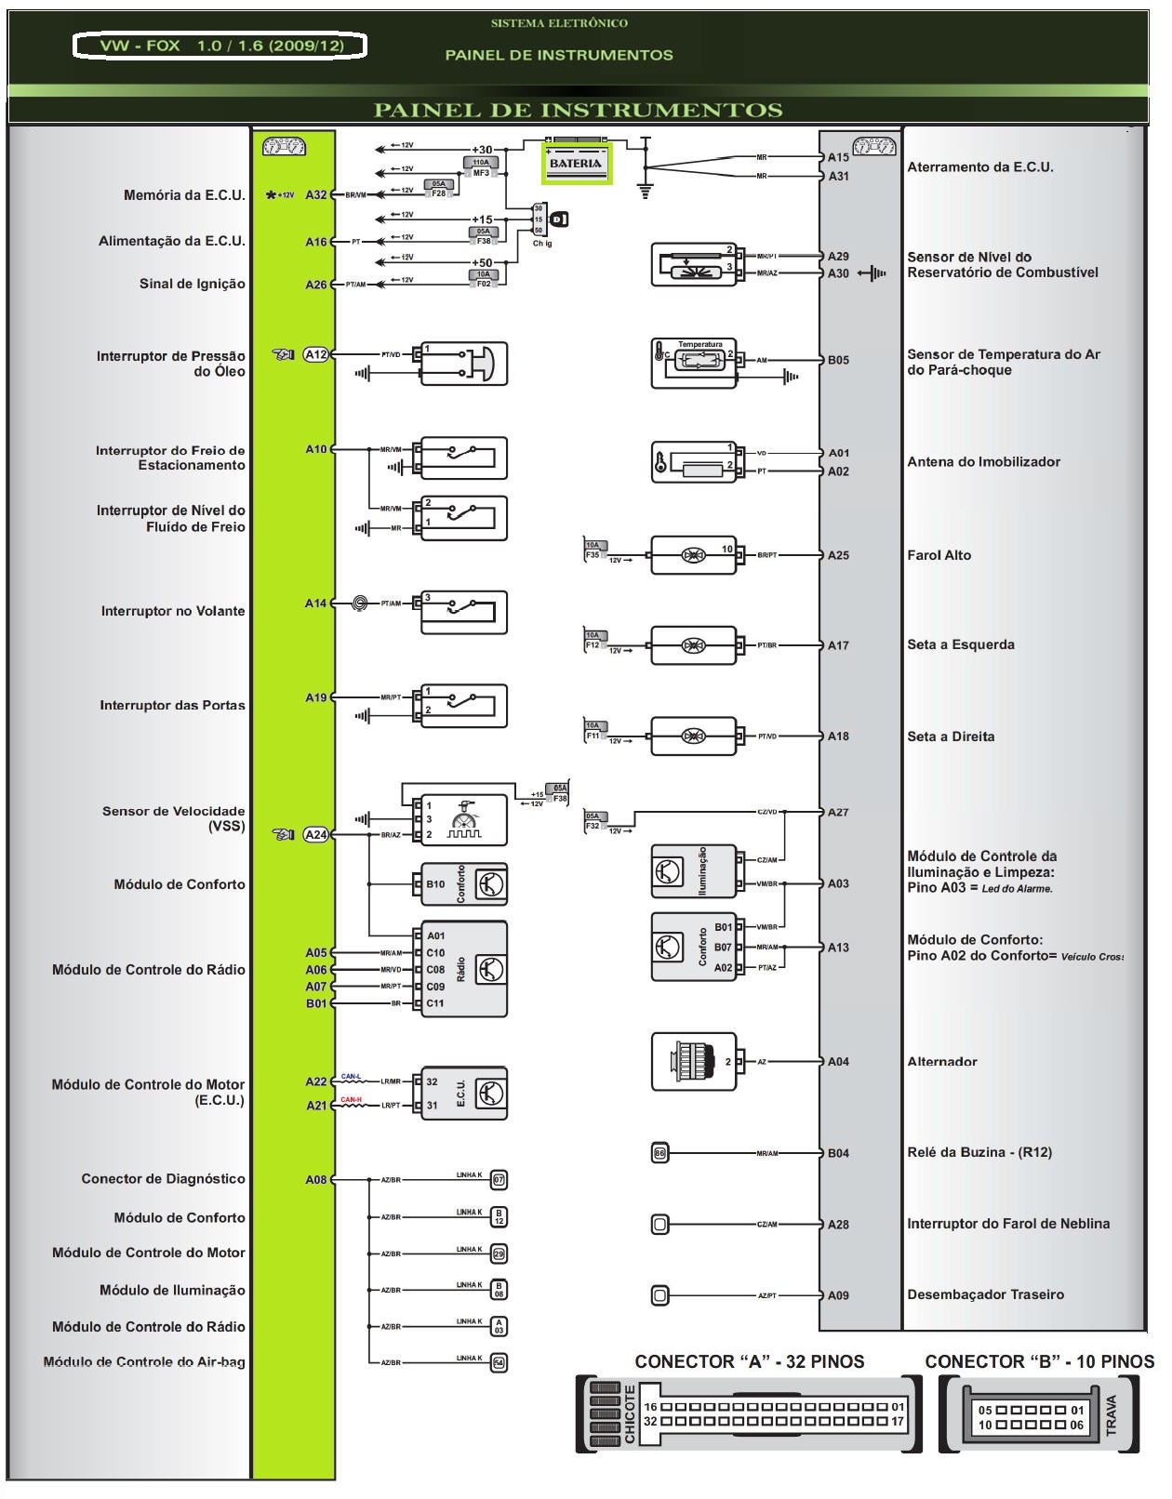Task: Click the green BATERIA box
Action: click(x=576, y=164)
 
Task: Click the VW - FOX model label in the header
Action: click(x=220, y=46)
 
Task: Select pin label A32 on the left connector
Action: click(x=316, y=195)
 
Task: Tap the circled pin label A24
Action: click(x=316, y=835)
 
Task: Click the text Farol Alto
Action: click(x=939, y=555)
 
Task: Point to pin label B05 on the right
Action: click(x=838, y=360)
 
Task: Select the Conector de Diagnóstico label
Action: click(x=163, y=1179)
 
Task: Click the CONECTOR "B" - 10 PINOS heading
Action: click(x=1038, y=1362)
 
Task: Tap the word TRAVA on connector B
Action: click(x=1111, y=1415)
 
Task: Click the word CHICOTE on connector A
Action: click(x=630, y=1415)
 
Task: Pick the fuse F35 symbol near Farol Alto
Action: click(x=594, y=551)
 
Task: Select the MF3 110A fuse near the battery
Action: click(x=481, y=167)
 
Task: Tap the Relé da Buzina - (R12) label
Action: click(x=979, y=1152)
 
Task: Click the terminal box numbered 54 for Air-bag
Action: click(x=499, y=1363)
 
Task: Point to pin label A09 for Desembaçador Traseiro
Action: click(x=838, y=1295)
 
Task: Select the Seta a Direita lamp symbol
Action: click(x=694, y=736)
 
